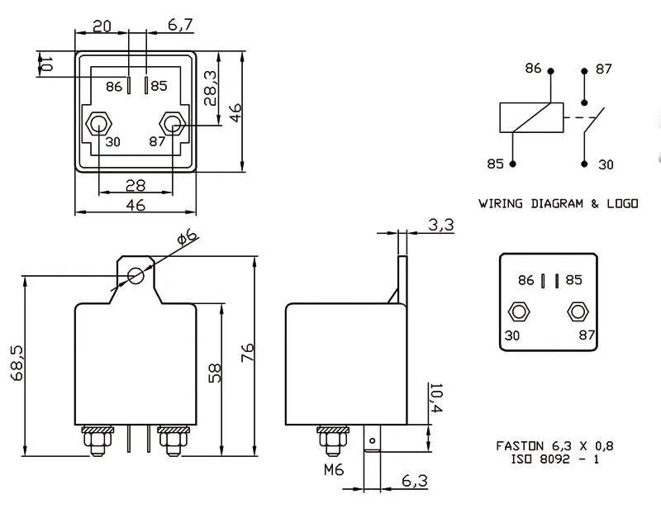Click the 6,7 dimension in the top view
tap(180, 26)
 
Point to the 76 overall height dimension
tap(247, 352)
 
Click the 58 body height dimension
tap(213, 373)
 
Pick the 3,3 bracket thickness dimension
tap(441, 225)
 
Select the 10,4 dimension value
tap(437, 400)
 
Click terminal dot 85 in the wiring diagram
tap(513, 164)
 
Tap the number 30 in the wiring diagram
tap(606, 164)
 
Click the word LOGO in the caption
tap(621, 203)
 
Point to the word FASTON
tap(520, 446)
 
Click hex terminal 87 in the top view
tap(173, 124)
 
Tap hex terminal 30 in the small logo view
tap(518, 311)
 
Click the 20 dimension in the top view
tap(102, 26)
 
